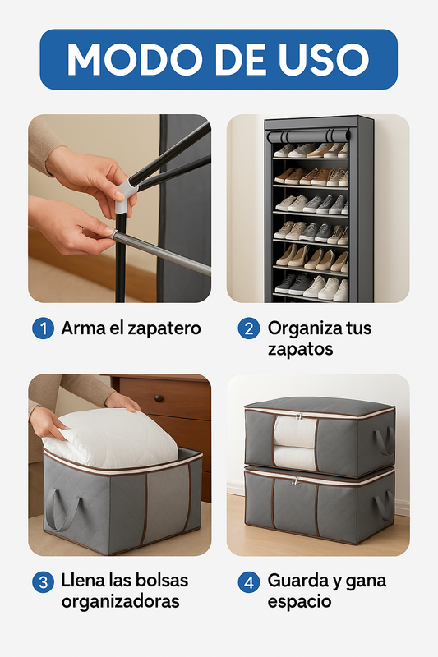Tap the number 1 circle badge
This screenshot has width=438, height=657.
[43, 328]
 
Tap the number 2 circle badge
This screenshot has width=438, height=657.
[249, 328]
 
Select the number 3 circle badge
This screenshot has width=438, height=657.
[43, 581]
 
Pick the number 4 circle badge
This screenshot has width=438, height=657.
[249, 581]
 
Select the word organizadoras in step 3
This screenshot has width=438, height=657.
[120, 601]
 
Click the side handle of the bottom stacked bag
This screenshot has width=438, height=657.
[382, 505]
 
